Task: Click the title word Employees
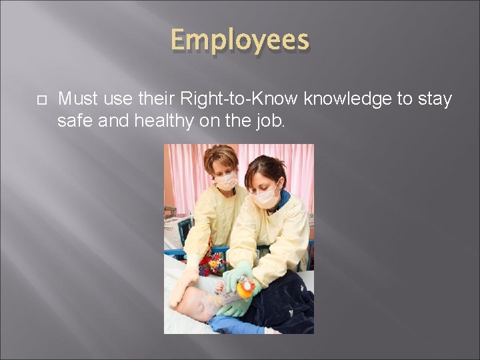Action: (240, 41)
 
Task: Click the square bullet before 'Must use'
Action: (39, 100)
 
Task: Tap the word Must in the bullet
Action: (76, 99)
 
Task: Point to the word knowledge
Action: (347, 99)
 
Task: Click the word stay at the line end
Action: (435, 99)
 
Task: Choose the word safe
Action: (72, 121)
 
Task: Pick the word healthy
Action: (151, 121)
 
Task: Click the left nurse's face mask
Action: (226, 181)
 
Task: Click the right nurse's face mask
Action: (267, 196)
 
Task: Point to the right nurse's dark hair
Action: (267, 170)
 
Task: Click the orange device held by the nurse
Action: (245, 287)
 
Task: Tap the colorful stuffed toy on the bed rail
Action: (213, 263)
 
